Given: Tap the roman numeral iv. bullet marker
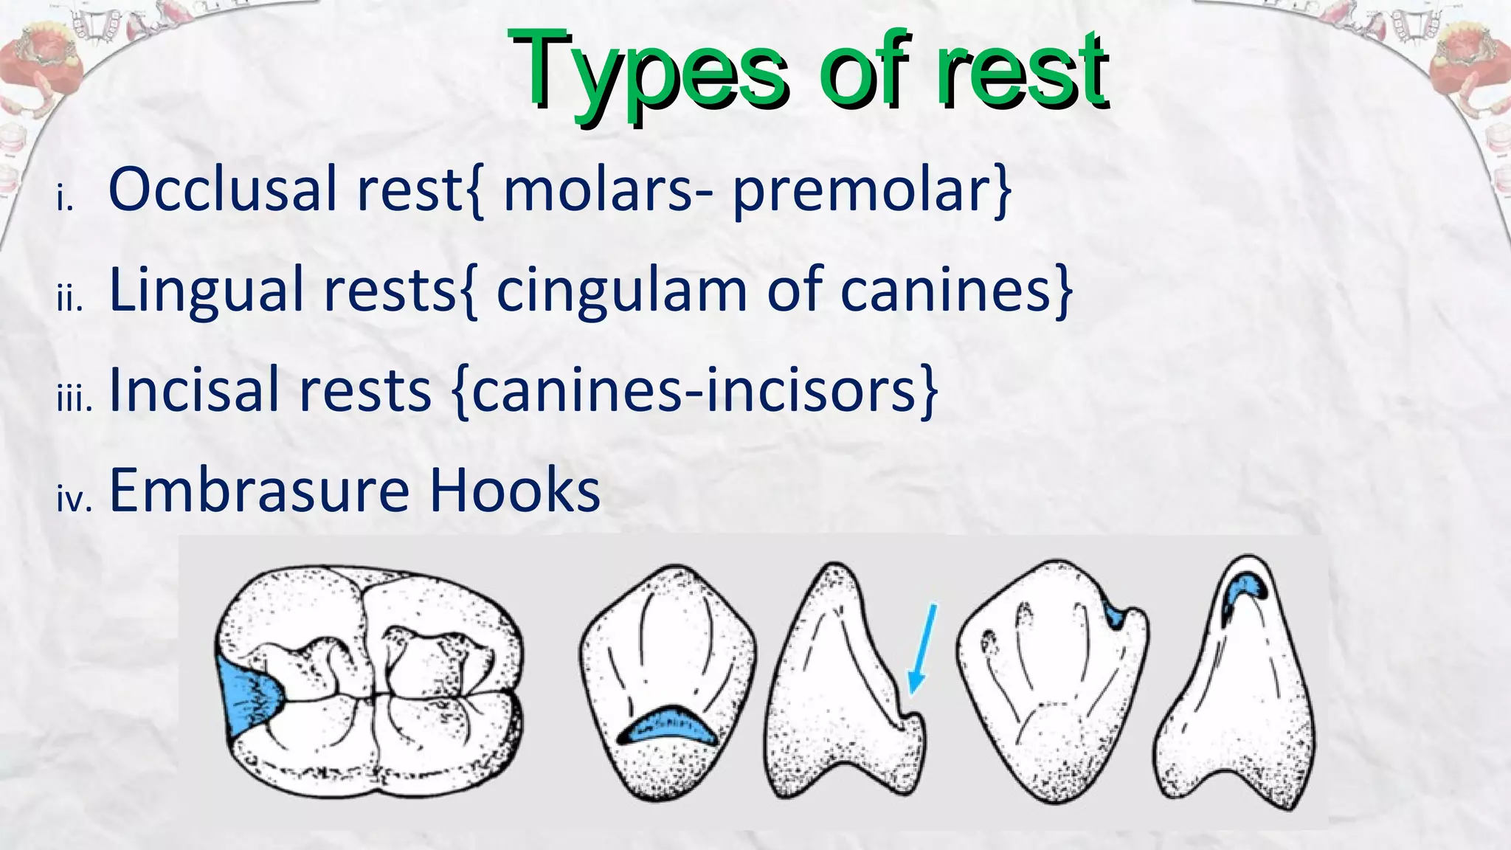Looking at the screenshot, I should pos(75,500).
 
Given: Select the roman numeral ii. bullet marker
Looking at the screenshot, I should pos(70,300).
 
